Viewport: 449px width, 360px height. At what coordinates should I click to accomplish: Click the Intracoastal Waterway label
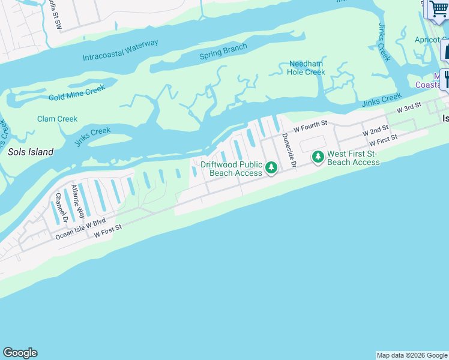121,50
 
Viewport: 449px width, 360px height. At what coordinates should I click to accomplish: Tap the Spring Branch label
223,52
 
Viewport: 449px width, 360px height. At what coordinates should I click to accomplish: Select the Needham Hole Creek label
307,68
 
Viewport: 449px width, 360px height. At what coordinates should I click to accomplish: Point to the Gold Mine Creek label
77,92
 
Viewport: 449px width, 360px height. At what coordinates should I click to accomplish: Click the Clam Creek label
57,119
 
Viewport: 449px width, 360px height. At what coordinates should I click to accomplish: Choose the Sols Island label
31,152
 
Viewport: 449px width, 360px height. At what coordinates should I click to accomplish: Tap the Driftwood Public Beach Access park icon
271,167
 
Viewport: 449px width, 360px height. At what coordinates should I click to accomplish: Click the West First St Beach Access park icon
318,157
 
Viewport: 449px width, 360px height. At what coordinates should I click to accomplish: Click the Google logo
20,353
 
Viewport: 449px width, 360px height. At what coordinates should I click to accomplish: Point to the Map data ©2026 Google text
412,355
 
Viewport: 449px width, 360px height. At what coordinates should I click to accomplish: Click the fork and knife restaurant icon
445,78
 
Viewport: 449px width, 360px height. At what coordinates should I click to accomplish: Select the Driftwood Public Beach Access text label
231,169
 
